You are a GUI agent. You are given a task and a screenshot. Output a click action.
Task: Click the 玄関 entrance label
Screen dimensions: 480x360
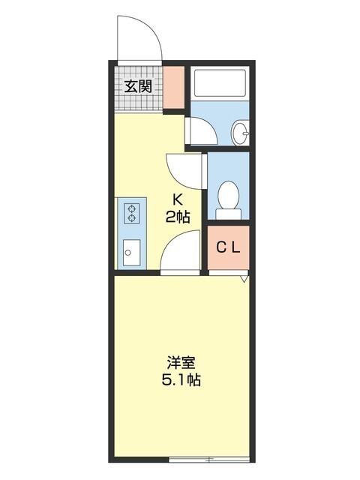point(139,86)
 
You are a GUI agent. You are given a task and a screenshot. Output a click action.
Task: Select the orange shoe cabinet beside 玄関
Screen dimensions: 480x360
point(174,88)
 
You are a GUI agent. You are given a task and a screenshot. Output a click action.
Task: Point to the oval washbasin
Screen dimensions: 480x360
point(241,133)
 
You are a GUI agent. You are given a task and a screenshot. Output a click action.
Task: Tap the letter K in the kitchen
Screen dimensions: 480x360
point(178,200)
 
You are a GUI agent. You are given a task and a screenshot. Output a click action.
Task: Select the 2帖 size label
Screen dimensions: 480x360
point(178,217)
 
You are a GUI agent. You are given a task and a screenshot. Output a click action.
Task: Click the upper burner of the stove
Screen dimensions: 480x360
point(132,208)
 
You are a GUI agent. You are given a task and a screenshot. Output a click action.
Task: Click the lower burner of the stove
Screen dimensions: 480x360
point(132,218)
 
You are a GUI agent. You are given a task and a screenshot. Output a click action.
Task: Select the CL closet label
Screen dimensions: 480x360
point(228,248)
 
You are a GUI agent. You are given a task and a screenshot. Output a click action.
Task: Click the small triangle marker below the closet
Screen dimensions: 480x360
point(244,279)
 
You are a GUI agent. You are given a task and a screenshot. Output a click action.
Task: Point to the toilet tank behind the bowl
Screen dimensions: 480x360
point(228,214)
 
